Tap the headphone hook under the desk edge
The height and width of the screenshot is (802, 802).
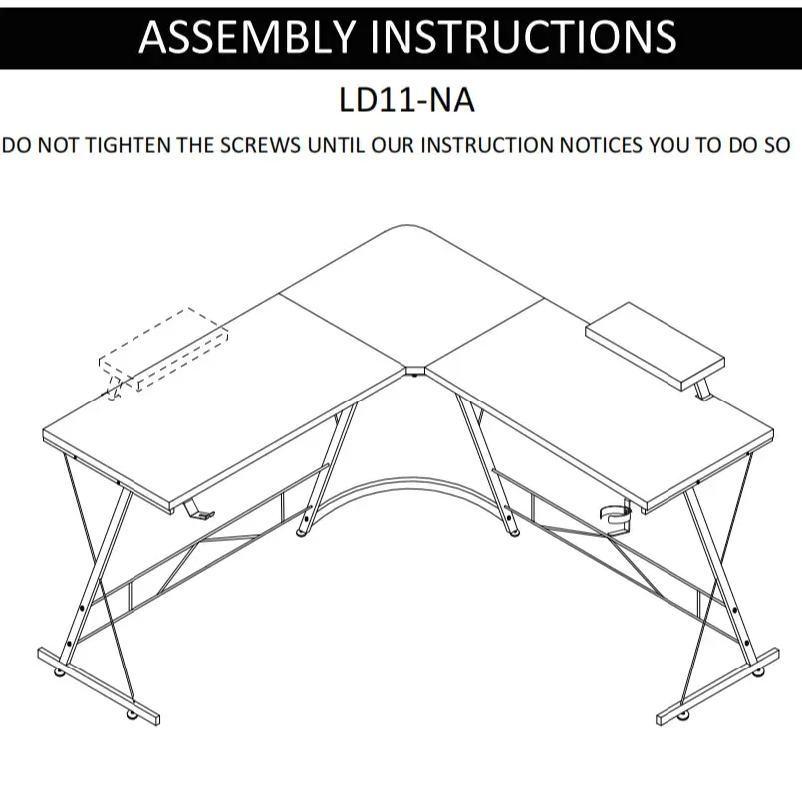click(195, 509)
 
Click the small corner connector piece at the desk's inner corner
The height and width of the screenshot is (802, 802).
click(414, 373)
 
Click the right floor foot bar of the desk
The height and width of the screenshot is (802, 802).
click(717, 686)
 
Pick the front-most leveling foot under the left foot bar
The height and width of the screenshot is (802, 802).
click(130, 714)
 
